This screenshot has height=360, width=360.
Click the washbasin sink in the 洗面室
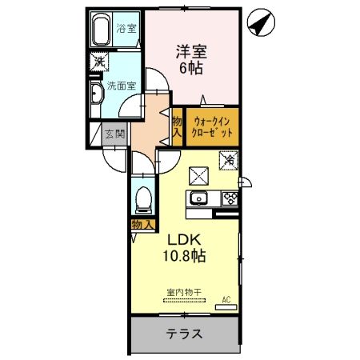tap(95, 95)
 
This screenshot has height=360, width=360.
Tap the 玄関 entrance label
tap(114, 134)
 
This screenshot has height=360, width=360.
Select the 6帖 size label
tap(191, 69)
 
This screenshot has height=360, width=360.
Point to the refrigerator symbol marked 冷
tap(229, 159)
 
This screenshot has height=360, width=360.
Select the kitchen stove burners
tap(229, 198)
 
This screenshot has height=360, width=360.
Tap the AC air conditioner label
tap(226, 300)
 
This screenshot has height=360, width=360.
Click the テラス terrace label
tap(183, 334)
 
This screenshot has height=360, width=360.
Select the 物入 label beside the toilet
tap(142, 226)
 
